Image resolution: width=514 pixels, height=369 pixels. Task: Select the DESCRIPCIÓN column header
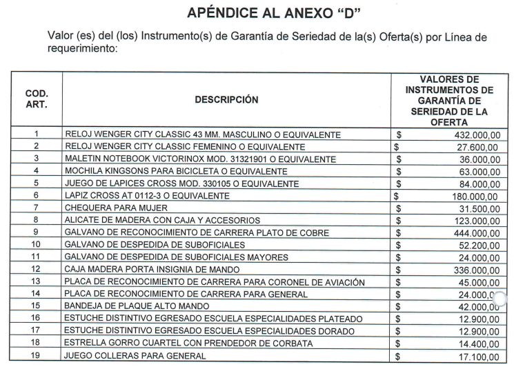point(226,99)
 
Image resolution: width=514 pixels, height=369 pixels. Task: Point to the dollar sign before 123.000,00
point(398,221)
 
